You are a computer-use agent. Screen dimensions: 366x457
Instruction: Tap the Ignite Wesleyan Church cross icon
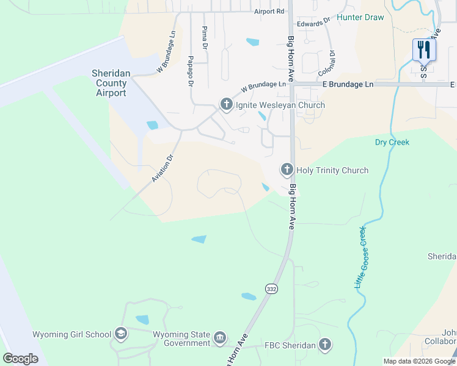click(x=226, y=104)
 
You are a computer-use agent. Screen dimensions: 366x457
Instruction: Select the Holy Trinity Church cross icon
click(x=287, y=170)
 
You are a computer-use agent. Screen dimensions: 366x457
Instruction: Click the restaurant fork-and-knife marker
click(x=424, y=49)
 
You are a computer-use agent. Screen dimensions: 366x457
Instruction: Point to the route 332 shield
click(x=271, y=289)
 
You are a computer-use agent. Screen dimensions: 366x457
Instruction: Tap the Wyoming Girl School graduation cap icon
click(x=121, y=334)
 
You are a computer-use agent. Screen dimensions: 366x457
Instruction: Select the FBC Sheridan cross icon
click(x=325, y=345)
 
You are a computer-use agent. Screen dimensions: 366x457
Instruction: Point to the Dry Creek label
click(x=392, y=142)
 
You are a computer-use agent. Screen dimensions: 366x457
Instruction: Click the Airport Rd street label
click(x=269, y=12)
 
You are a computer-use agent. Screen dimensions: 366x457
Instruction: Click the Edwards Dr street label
click(x=313, y=22)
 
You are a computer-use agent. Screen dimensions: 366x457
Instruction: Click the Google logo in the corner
click(x=21, y=358)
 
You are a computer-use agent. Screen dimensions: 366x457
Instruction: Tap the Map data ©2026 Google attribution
click(x=419, y=361)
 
